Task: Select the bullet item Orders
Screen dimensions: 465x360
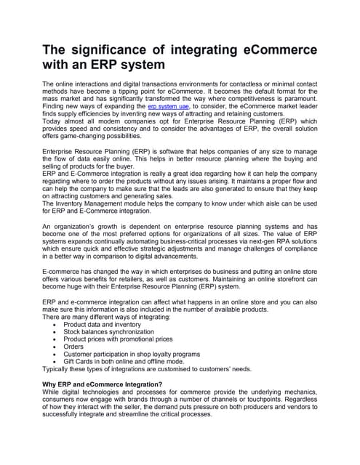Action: click(74, 347)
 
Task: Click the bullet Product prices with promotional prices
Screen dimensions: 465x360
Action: click(118, 339)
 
